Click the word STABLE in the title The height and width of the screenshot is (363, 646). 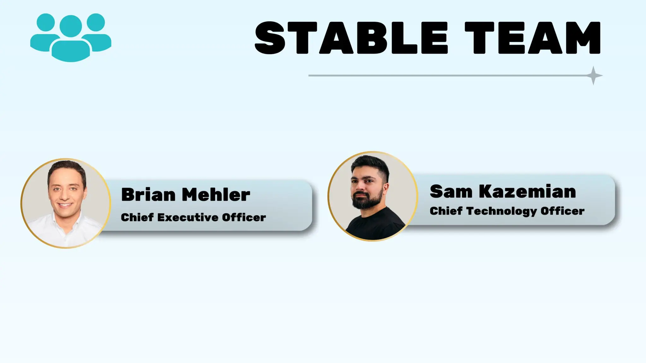[x=351, y=38]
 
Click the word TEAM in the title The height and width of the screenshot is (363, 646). [x=532, y=38]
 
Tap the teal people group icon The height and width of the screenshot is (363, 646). [x=71, y=37]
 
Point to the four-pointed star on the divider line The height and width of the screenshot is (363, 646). [x=593, y=76]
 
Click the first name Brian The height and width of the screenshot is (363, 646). [x=148, y=194]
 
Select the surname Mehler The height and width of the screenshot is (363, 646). [x=216, y=194]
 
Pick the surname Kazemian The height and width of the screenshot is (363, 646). [x=527, y=191]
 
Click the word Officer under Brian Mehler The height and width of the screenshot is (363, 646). [x=244, y=217]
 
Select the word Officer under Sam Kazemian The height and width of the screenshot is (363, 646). [x=562, y=211]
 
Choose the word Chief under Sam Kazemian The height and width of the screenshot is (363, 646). [x=446, y=211]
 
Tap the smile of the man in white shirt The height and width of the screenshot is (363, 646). [x=65, y=205]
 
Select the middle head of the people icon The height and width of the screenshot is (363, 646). [x=71, y=26]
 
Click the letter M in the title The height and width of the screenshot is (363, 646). [x=581, y=38]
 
